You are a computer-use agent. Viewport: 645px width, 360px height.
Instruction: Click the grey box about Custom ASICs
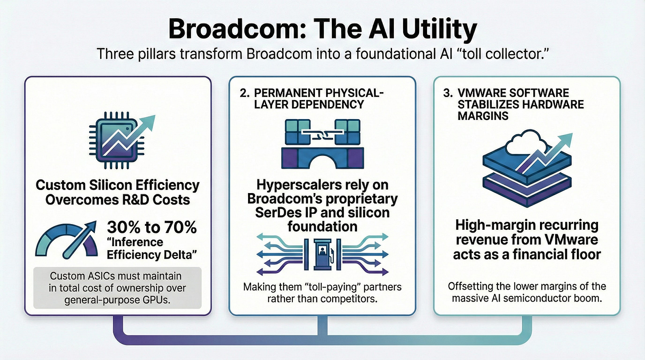(x=117, y=288)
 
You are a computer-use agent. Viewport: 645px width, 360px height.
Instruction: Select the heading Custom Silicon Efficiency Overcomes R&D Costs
(x=117, y=192)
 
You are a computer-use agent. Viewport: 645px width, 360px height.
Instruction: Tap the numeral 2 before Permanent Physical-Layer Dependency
(x=243, y=94)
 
